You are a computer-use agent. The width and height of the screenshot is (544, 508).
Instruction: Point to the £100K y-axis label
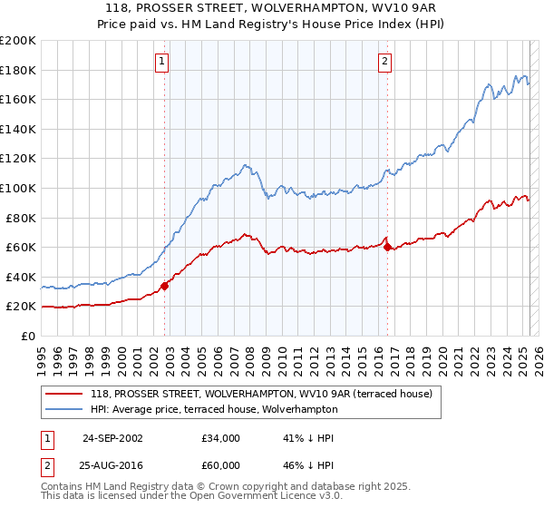click(18, 188)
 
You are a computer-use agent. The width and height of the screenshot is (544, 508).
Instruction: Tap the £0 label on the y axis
click(27, 336)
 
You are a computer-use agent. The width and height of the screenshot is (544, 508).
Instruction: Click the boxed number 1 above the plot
click(161, 62)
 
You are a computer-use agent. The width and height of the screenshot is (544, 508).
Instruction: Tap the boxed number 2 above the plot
click(384, 62)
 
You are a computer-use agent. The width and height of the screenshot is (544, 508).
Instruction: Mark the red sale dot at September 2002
click(165, 286)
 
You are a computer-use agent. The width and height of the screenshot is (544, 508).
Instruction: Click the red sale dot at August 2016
click(388, 247)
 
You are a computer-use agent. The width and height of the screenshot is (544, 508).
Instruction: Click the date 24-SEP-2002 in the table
click(112, 438)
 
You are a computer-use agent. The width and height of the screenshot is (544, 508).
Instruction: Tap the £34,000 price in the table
click(220, 438)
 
